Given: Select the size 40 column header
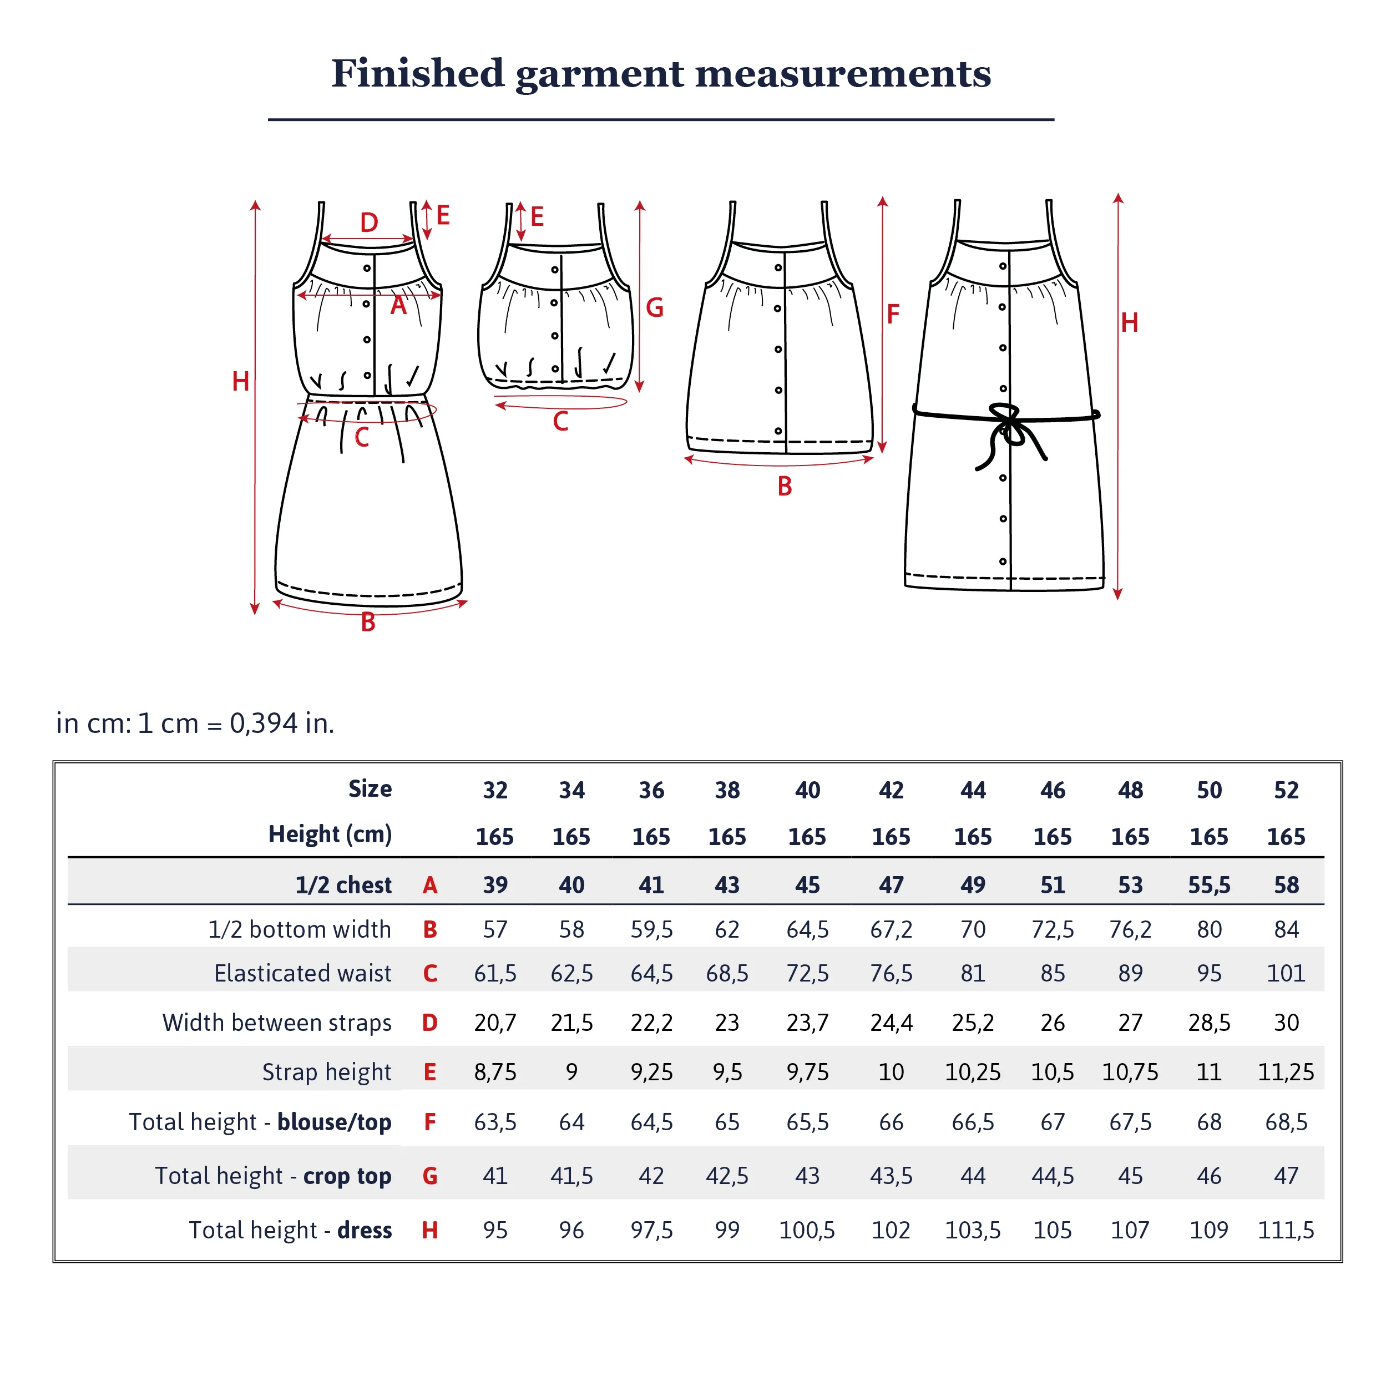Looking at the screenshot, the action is pos(808,790).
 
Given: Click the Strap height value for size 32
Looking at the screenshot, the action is pos(495,1072).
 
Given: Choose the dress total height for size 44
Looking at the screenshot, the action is pos(973,1230).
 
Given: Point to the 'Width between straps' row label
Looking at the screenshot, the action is pos(277,1023).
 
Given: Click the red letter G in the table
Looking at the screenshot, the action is pos(429,1176).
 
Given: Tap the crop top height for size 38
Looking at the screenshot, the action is pos(727,1176).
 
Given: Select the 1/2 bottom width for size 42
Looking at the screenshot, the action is pos(891,929).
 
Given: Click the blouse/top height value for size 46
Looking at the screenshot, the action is pos(1053,1122).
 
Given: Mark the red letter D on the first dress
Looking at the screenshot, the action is pos(369,223).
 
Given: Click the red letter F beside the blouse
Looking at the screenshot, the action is pos(893,313).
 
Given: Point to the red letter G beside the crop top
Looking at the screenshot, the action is pos(655,308).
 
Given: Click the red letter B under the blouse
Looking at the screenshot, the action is pos(785,487).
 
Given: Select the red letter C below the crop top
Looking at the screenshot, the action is pos(560,422).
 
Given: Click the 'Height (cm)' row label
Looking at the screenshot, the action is pos(331,834).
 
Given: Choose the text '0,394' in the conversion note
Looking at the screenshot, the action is pos(264,724).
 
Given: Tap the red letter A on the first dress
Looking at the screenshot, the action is pos(399,306).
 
